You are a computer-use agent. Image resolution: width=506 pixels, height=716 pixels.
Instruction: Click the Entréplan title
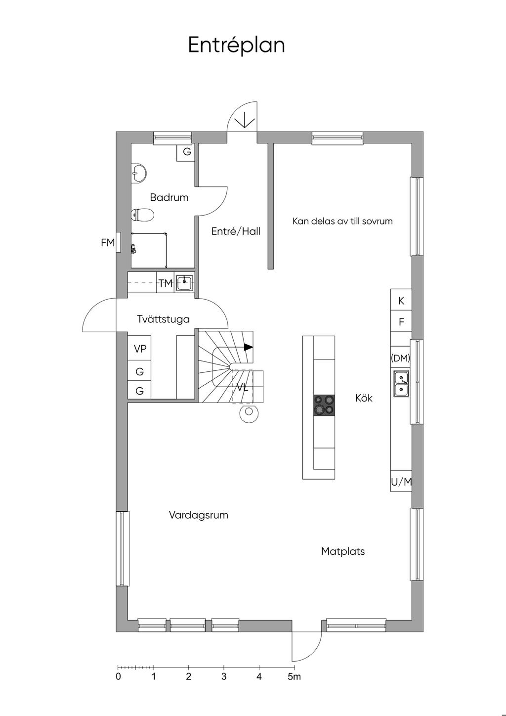pyautogui.click(x=236, y=45)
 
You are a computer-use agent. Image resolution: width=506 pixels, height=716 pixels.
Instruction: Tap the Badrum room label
pyautogui.click(x=169, y=198)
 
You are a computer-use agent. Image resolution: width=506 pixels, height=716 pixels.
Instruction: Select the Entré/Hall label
pyautogui.click(x=236, y=231)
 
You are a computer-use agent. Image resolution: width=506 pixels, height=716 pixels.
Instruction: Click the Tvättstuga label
pyautogui.click(x=163, y=319)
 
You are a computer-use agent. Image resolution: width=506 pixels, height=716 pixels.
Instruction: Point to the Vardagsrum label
pyautogui.click(x=198, y=515)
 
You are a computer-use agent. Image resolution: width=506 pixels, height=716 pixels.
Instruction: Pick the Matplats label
pyautogui.click(x=342, y=551)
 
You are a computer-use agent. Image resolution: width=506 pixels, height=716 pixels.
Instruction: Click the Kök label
pyautogui.click(x=364, y=398)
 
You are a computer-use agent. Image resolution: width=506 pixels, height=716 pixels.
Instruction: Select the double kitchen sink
pyautogui.click(x=401, y=384)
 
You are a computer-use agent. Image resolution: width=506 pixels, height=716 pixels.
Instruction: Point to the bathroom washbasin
pyautogui.click(x=139, y=173)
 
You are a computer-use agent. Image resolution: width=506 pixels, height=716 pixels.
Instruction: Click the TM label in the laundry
pyautogui.click(x=166, y=283)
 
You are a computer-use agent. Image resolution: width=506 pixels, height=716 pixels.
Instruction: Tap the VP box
pyautogui.click(x=140, y=349)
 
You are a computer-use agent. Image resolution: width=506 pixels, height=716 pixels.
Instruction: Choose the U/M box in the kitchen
pyautogui.click(x=401, y=482)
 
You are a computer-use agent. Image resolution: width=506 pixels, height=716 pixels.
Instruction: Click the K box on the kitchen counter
pyautogui.click(x=401, y=301)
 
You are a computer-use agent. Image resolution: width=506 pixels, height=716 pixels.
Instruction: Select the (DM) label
pyautogui.click(x=400, y=358)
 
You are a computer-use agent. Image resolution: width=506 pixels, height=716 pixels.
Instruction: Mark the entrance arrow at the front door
pyautogui.click(x=245, y=120)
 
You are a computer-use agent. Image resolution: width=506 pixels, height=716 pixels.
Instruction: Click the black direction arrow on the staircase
pyautogui.click(x=248, y=347)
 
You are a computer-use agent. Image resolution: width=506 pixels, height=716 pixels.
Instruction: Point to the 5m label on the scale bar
pyautogui.click(x=294, y=676)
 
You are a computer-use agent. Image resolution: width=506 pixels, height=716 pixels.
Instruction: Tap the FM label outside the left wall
pyautogui.click(x=107, y=243)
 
